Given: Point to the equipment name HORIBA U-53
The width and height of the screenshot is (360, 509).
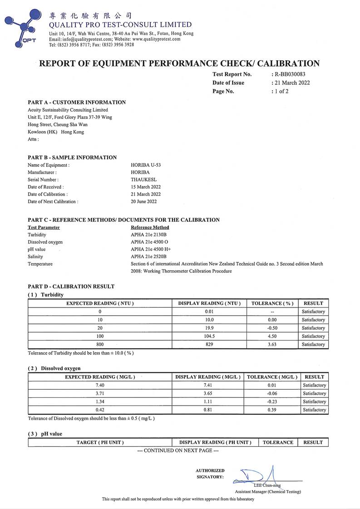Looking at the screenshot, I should pos(146,165).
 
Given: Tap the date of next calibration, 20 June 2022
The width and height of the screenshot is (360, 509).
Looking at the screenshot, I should pos(143,201).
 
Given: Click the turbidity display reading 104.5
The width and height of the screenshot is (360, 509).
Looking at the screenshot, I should pos(209,336).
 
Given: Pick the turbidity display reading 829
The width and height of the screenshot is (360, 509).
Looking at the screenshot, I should pos(209,344).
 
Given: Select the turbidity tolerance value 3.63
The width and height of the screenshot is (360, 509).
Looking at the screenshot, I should pos(272,344).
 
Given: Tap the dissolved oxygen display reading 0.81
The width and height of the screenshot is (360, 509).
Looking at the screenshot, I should pos(209,410).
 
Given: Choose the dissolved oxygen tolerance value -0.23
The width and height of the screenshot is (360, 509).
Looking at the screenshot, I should pos(272,401).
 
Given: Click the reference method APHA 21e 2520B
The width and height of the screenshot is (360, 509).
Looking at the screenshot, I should pos(148,256).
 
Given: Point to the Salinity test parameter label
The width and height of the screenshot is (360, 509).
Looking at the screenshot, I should pos(35,256).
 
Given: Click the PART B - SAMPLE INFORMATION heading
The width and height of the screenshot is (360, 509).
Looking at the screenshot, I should pos(72,157).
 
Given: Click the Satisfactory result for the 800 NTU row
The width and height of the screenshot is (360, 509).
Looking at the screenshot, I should pos(313,344).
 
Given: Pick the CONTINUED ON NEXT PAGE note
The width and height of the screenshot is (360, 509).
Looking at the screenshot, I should pos(178,450).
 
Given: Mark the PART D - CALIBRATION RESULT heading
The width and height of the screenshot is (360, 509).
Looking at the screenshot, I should pos(71,286).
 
